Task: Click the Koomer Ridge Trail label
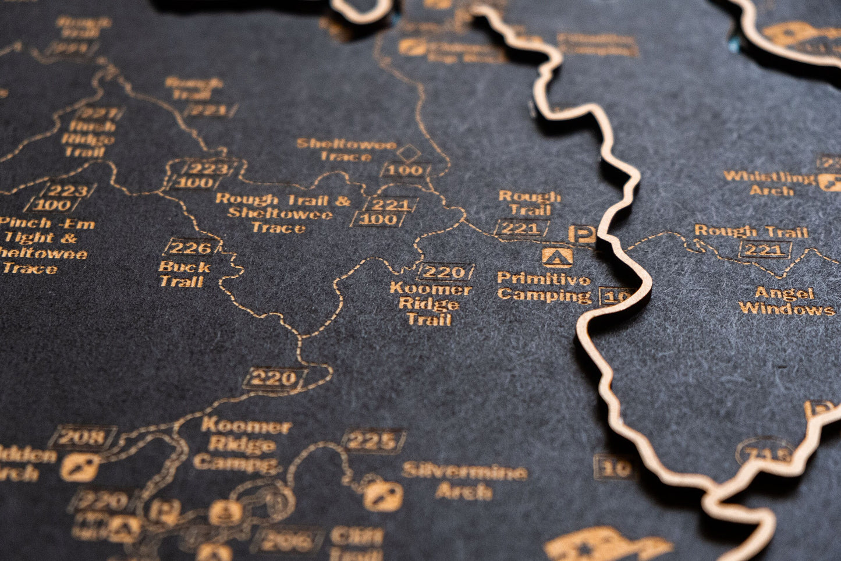[x=430, y=303]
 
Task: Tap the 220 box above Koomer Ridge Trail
[x=445, y=272]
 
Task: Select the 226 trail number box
[x=190, y=248]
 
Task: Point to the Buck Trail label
[x=182, y=274]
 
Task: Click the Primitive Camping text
[x=544, y=287]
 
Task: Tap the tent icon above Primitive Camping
[x=557, y=256]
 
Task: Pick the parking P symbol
[x=581, y=234]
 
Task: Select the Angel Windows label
[x=786, y=301]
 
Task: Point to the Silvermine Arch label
[x=464, y=481]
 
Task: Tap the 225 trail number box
[x=374, y=441]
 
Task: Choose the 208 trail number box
[x=82, y=437]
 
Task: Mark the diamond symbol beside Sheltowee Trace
[x=407, y=154]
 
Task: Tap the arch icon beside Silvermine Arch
[x=382, y=495]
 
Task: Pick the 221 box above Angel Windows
[x=765, y=250]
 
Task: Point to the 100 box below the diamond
[x=406, y=171]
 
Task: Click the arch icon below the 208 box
[x=80, y=467]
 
